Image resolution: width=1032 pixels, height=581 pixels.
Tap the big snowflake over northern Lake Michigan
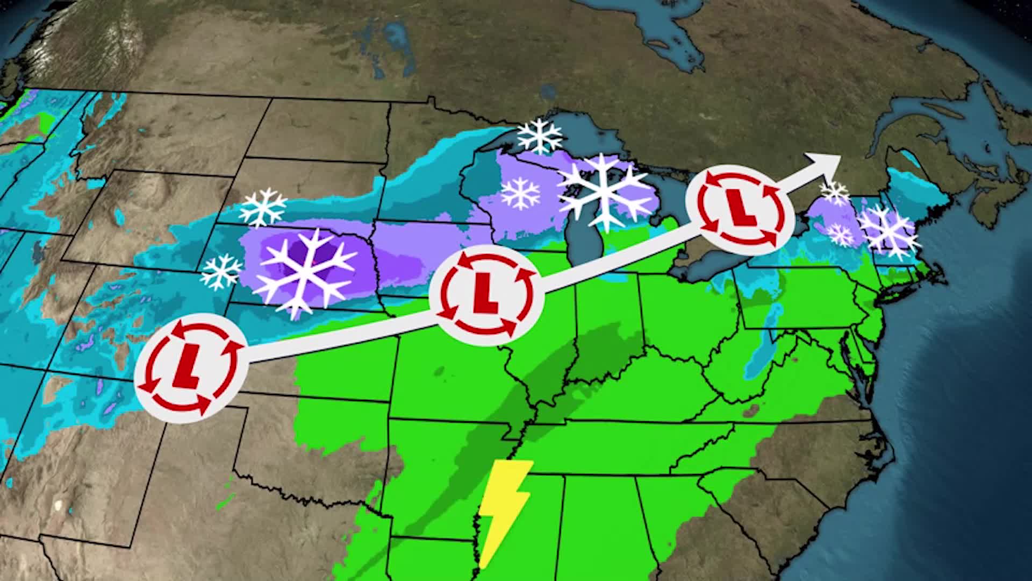605,191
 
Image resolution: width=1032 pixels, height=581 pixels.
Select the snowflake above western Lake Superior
540,137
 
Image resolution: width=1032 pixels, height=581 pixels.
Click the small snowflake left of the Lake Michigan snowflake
520,193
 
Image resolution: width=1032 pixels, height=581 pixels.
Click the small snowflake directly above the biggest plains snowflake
263,208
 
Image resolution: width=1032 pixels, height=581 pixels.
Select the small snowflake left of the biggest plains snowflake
221,272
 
